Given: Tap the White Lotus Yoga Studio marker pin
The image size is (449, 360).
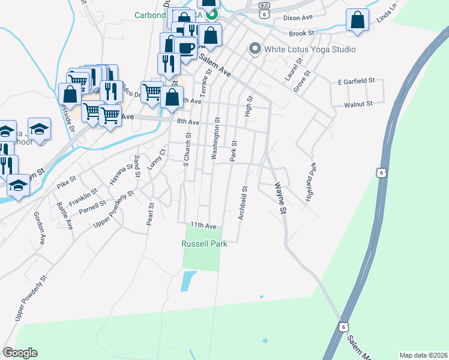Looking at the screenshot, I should click(255, 49).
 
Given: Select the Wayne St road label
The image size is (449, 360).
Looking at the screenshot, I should click(280, 198).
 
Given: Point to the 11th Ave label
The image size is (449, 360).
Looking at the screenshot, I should click(203, 225).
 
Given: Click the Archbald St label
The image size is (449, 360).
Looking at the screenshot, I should click(243, 203).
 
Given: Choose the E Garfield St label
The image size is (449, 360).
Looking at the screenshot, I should click(356, 80).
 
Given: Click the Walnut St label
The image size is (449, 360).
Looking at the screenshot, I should click(358, 104).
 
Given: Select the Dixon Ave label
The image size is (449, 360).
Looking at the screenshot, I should click(298, 18).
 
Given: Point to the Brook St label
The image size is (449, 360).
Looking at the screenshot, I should click(301, 33).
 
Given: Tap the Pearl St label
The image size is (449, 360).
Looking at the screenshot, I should click(150, 214).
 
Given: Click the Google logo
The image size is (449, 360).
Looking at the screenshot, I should click(20, 353).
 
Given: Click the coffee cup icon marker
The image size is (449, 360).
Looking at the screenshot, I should click(186, 47).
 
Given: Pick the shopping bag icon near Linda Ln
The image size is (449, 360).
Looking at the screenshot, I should click(357, 20).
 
